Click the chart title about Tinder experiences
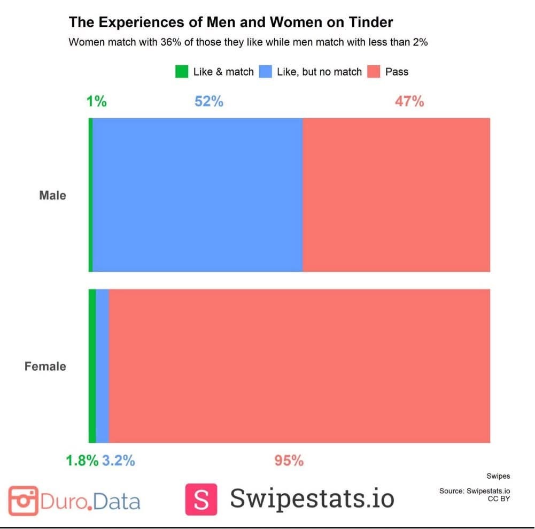[x=231, y=22]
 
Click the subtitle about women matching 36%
[x=248, y=43]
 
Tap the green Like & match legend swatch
[x=182, y=72]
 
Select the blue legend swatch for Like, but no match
[x=265, y=72]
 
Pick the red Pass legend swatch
[x=374, y=72]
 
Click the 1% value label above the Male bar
[x=96, y=101]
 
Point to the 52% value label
[x=208, y=101]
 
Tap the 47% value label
[x=409, y=101]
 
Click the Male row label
[x=52, y=195]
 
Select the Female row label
[x=45, y=366]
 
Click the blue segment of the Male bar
[x=198, y=195]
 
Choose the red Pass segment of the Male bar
[x=396, y=195]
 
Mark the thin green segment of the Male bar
[x=90, y=195]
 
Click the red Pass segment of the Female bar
[x=299, y=366]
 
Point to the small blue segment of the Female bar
[x=102, y=366]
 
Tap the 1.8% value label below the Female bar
[x=82, y=460]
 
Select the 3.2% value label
[x=118, y=460]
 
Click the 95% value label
[x=289, y=460]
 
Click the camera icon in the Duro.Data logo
[x=23, y=501]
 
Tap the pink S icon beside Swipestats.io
[x=201, y=499]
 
